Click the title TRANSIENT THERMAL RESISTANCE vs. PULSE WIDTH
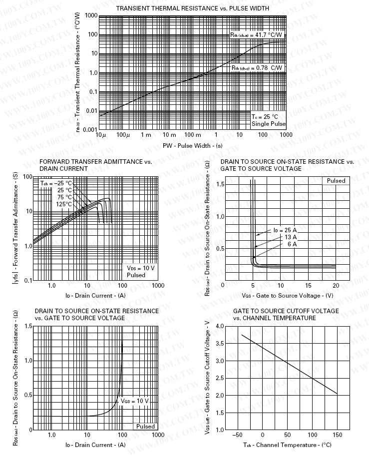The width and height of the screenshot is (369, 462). (192, 8)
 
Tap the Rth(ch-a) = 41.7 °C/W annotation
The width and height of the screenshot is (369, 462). (256, 35)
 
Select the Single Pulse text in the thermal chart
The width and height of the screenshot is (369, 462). (269, 123)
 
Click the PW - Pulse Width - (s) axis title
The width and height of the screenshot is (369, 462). (192, 145)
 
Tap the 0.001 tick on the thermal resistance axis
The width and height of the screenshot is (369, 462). (90, 130)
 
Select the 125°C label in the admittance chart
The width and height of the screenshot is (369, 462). (64, 204)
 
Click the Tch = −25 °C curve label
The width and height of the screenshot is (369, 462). (56, 183)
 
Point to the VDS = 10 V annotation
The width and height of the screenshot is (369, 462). (141, 268)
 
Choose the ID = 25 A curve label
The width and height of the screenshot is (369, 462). (285, 230)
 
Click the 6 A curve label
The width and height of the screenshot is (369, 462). (292, 244)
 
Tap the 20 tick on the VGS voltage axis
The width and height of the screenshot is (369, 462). (336, 285)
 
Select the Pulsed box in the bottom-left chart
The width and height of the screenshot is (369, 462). (146, 427)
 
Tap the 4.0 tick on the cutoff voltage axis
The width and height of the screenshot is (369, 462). (220, 326)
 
